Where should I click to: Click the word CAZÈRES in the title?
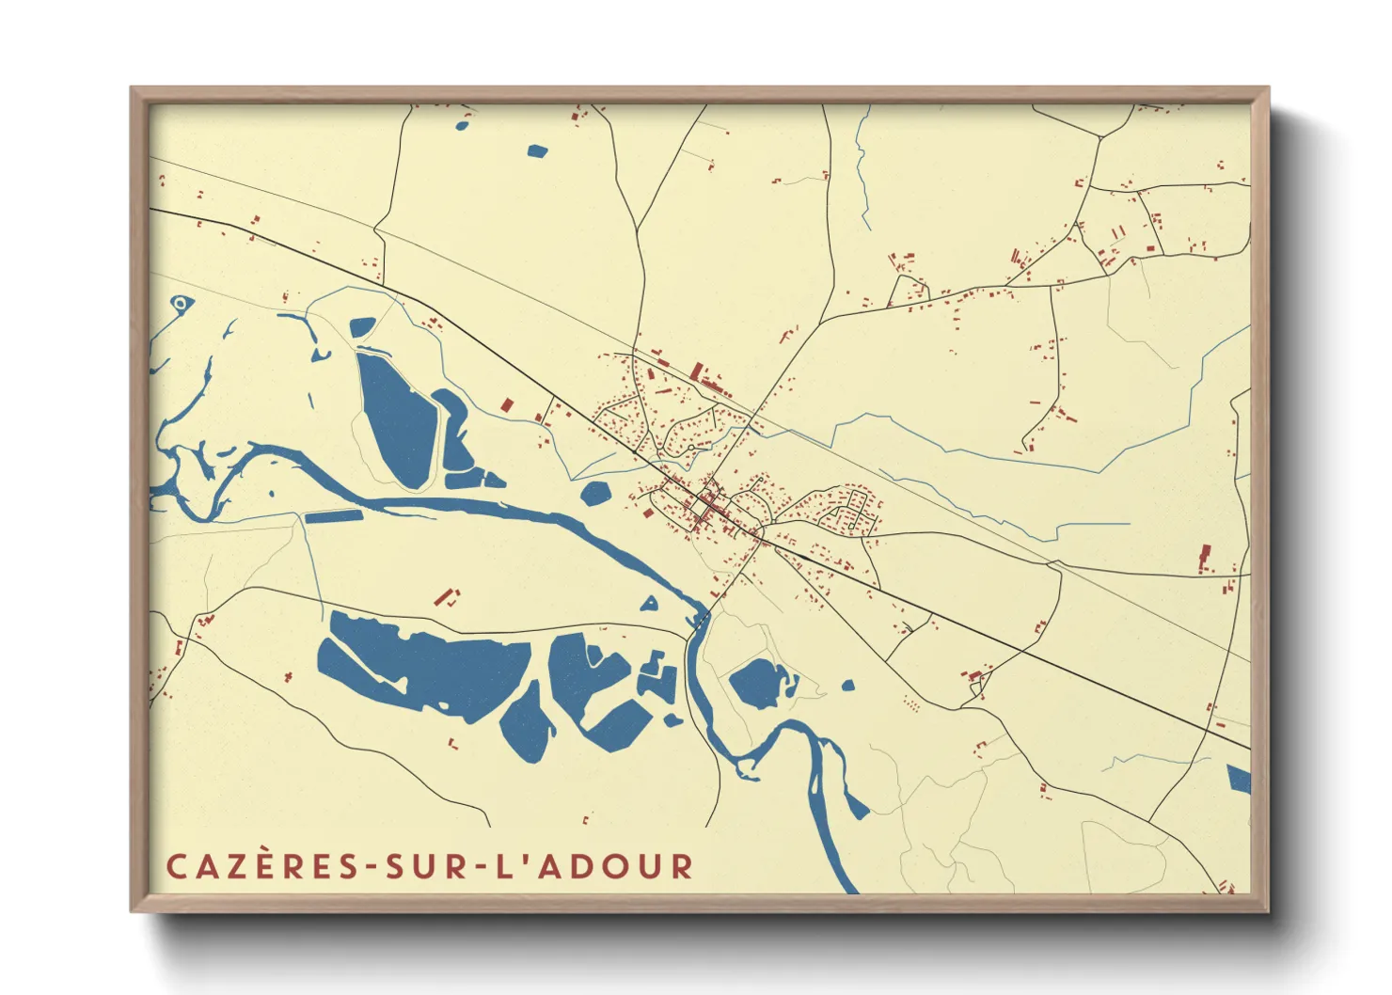click(x=261, y=866)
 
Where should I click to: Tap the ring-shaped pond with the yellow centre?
click(x=181, y=303)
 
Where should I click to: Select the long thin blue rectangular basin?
click(x=333, y=516)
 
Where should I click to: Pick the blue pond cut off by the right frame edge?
click(x=1239, y=779)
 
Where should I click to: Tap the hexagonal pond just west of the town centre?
click(x=595, y=493)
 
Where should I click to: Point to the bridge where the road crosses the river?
click(x=702, y=617)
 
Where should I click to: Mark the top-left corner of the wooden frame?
click(x=132, y=88)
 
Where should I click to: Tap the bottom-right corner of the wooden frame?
click(x=1267, y=910)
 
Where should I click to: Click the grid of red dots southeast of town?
click(x=910, y=703)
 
